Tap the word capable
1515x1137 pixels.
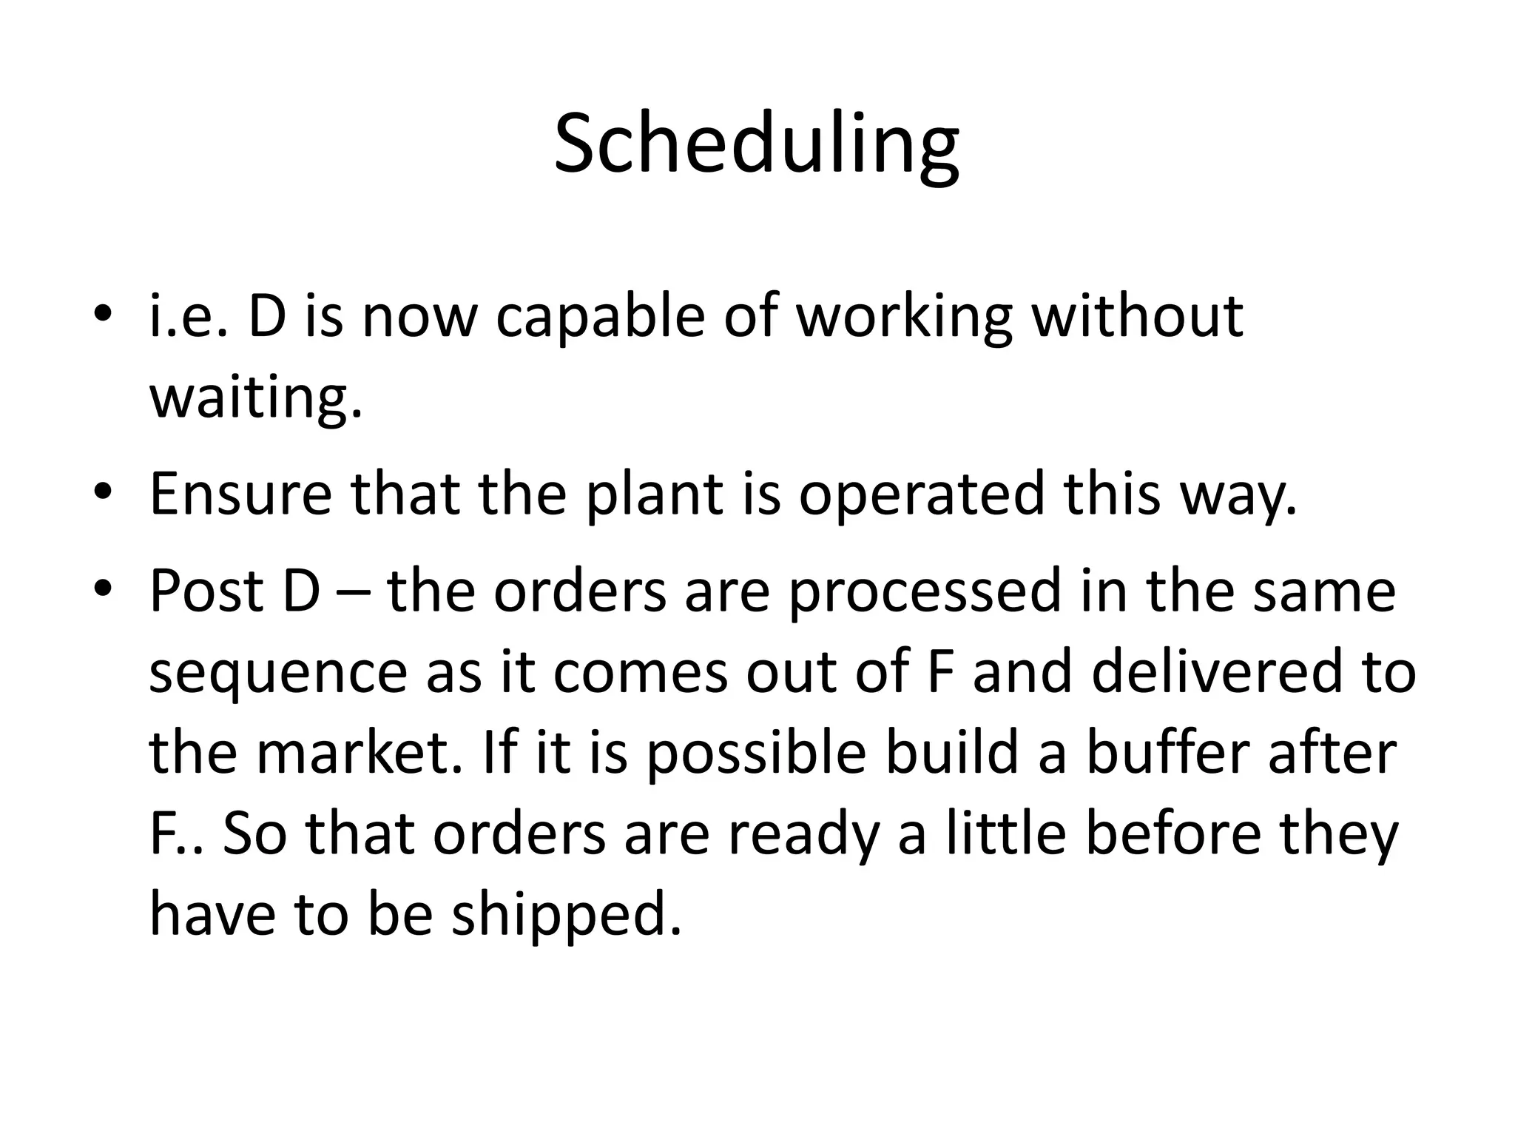point(600,317)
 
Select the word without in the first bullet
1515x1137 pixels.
point(1138,317)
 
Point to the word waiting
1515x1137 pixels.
point(256,398)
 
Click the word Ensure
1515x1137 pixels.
point(241,494)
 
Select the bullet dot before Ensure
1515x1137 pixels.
point(104,494)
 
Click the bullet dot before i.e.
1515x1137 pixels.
point(104,317)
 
